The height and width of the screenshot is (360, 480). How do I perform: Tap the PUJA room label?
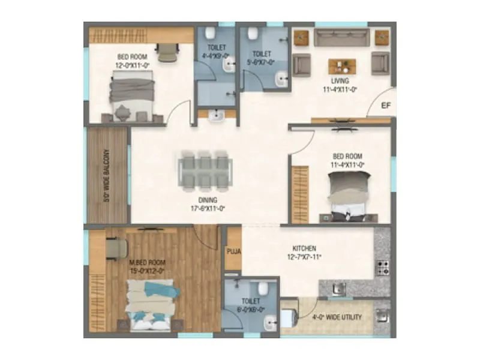(x=233, y=251)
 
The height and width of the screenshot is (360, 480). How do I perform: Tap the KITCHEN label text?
(x=304, y=248)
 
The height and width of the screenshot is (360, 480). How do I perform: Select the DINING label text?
(x=208, y=200)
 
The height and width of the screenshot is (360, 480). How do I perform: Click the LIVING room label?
(x=340, y=81)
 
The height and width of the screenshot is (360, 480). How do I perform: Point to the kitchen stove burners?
(x=382, y=267)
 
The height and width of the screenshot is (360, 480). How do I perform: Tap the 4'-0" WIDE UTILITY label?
(x=337, y=317)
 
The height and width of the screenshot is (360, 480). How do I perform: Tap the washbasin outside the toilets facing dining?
(x=217, y=116)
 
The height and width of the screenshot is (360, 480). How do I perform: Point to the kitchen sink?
(x=339, y=290)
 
